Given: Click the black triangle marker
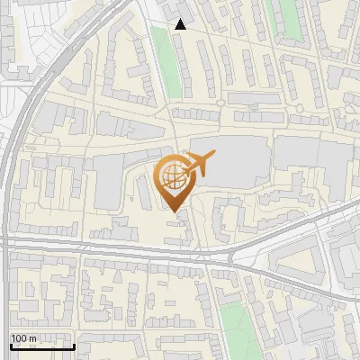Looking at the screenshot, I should (x=181, y=24).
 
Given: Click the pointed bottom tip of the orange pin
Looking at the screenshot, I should (x=174, y=211).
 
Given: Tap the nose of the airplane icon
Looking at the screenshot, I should (x=213, y=157).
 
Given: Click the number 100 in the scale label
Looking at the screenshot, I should (x=20, y=338).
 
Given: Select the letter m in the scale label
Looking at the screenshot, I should (x=33, y=338).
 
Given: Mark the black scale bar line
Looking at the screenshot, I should (x=41, y=346).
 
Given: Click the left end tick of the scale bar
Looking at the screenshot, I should (x=10, y=344).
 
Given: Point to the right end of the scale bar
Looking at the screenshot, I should (x=74, y=344).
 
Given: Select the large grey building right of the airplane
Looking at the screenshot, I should (x=238, y=162).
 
